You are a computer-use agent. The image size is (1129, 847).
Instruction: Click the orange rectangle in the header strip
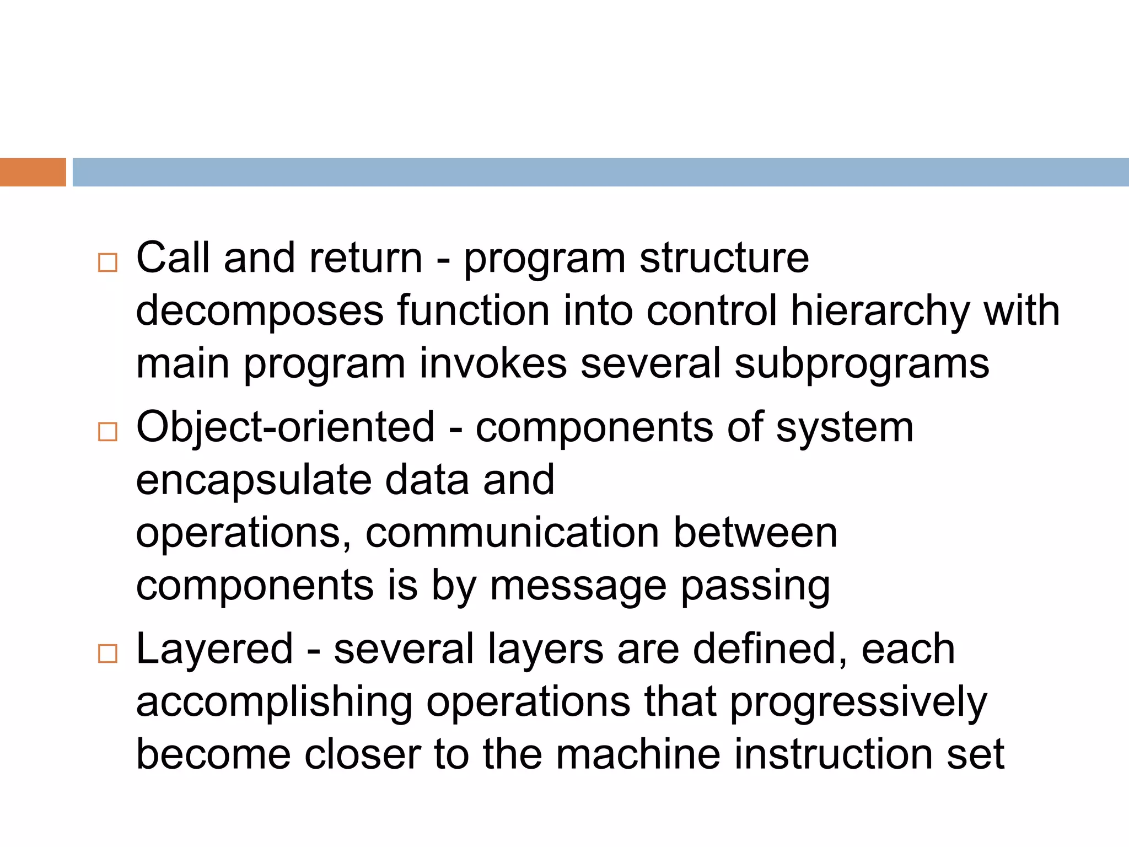33,172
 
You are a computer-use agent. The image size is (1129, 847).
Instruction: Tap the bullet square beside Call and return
107,262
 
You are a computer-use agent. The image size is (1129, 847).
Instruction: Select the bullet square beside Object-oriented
107,432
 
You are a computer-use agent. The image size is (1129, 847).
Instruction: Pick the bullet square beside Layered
107,653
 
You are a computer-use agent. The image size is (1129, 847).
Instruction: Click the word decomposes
259,311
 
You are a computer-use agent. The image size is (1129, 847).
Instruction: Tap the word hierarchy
880,311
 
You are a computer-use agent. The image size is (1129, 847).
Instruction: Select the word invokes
493,363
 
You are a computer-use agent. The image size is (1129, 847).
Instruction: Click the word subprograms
862,364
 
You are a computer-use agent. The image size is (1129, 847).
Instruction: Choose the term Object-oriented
285,427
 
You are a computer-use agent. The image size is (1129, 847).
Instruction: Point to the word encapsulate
253,480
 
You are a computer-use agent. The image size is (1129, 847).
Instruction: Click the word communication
512,533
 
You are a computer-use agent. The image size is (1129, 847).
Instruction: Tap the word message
578,587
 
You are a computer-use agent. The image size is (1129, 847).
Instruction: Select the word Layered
214,650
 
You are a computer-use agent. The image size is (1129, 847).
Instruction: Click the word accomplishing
274,703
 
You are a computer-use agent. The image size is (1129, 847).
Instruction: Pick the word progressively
858,703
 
